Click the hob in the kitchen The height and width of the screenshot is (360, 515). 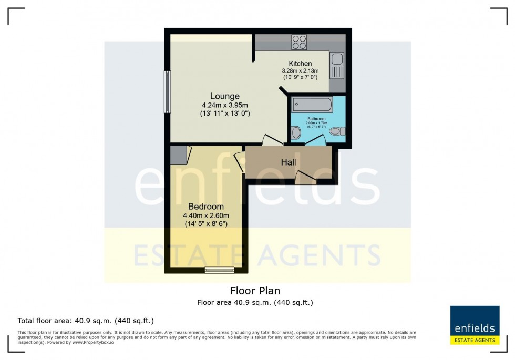[299, 42]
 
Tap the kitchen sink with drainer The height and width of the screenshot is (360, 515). [337, 66]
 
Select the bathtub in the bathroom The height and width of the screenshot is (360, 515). [312, 105]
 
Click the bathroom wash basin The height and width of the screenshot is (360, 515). [296, 133]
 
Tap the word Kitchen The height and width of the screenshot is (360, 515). [300, 64]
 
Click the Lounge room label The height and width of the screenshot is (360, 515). [224, 96]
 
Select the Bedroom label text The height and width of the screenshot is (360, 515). [205, 207]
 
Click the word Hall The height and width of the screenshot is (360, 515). [288, 162]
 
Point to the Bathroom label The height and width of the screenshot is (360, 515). [317, 119]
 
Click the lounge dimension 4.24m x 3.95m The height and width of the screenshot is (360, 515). [224, 105]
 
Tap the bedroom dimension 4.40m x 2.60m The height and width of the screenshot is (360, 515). [205, 215]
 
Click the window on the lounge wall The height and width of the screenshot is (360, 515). [167, 92]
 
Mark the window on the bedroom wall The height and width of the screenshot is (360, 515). [219, 271]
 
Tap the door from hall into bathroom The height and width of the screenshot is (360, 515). [314, 140]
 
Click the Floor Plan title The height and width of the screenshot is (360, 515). [255, 291]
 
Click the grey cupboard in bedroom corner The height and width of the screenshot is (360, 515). [178, 155]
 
